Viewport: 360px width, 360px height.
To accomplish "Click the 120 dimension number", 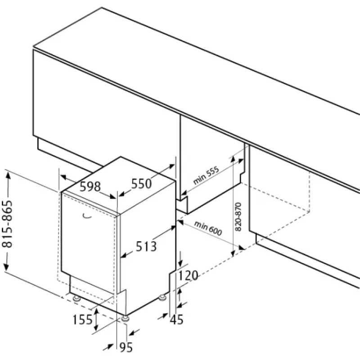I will [x=189, y=275].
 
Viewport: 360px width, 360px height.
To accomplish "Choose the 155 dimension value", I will [x=82, y=320].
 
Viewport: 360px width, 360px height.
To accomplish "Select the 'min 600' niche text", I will [x=209, y=228].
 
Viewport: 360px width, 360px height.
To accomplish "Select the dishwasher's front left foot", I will [x=76, y=298].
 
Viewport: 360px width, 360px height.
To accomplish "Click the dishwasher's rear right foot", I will [x=162, y=297].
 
